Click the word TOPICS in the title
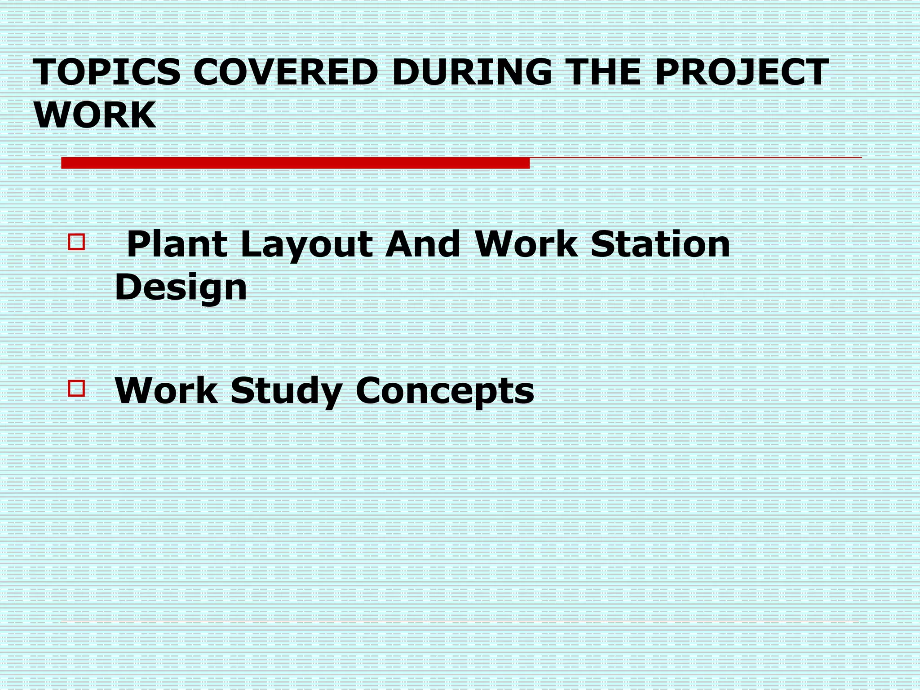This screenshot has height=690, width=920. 108,72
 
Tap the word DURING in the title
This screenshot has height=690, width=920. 472,72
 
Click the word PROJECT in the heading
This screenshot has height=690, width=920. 742,72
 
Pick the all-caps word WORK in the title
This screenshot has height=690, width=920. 95,115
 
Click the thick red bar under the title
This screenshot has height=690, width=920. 295,163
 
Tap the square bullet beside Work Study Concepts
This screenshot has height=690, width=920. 76,388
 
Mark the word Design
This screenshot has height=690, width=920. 181,288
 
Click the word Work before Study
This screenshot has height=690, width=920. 166,390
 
